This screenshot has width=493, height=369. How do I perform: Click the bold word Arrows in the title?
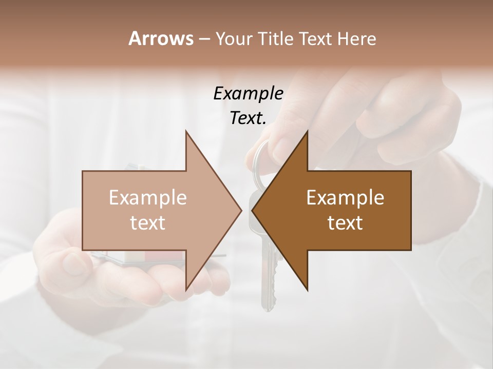[x=161, y=38]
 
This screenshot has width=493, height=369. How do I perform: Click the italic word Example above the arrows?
[x=248, y=93]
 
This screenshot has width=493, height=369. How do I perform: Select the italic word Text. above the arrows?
[x=248, y=118]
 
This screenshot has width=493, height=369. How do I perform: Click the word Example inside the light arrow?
[x=147, y=197]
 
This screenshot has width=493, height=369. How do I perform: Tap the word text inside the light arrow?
[x=147, y=222]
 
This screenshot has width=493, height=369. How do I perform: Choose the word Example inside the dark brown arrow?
[x=345, y=197]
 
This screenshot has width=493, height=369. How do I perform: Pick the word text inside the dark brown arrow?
[x=345, y=222]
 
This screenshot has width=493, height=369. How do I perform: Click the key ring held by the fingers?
[x=260, y=159]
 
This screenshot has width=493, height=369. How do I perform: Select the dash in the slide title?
[x=204, y=39]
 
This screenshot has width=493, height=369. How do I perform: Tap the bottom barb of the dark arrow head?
[x=307, y=289]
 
